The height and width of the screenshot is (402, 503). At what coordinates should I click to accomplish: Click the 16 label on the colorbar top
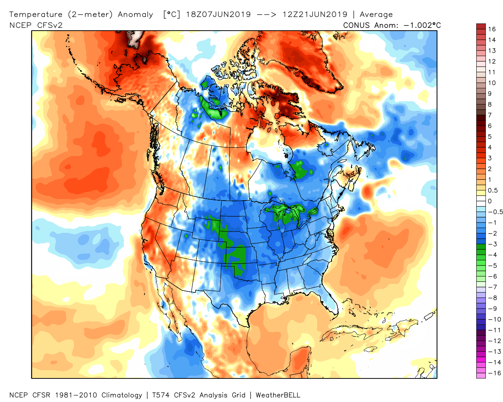(x=492, y=29)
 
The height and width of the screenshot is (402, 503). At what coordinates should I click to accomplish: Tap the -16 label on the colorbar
(x=494, y=373)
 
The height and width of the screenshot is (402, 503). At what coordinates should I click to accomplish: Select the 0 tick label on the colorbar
(x=490, y=201)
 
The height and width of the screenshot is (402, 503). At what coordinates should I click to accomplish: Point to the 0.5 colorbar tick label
(x=493, y=190)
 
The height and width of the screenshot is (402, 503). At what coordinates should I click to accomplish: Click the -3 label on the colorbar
(x=492, y=244)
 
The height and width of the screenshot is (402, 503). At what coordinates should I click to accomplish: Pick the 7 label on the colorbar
(x=490, y=115)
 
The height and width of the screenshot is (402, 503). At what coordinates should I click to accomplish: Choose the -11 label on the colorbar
(x=494, y=330)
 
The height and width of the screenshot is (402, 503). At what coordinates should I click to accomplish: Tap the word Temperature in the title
(x=36, y=15)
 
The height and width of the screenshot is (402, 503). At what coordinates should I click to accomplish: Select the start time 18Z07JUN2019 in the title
(x=218, y=15)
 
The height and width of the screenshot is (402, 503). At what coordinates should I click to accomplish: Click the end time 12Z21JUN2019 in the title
(x=315, y=15)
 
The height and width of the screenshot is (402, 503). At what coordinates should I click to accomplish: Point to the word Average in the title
(x=376, y=15)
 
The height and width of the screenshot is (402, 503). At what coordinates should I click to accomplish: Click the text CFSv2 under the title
(x=50, y=25)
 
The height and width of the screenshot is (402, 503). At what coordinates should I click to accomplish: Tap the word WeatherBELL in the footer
(x=278, y=395)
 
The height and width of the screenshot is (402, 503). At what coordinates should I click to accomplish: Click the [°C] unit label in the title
(x=172, y=15)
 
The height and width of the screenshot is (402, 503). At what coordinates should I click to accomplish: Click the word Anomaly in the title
(x=136, y=15)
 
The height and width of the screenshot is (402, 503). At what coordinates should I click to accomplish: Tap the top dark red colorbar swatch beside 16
(x=481, y=26)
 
